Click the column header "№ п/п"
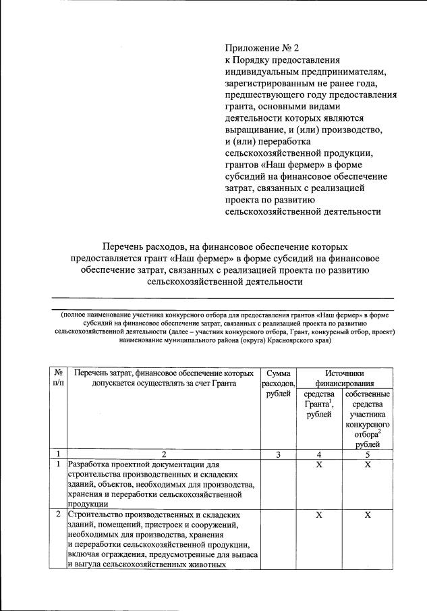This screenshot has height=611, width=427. (x=59, y=378)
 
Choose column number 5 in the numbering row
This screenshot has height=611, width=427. (x=367, y=454)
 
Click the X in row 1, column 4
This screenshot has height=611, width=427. (x=319, y=465)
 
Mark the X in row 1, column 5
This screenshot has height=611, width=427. (x=367, y=465)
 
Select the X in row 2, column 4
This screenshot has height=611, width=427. (x=319, y=515)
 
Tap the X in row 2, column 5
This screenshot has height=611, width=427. (x=367, y=515)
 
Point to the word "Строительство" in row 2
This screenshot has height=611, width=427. (x=101, y=515)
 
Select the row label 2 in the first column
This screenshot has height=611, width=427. (x=59, y=515)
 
